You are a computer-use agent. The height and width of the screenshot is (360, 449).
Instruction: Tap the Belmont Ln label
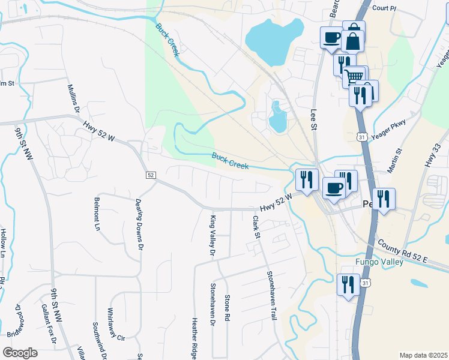[x=96, y=214]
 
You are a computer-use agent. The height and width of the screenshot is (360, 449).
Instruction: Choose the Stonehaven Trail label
[x=271, y=295]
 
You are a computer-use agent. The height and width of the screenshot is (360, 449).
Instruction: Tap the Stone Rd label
[x=227, y=307]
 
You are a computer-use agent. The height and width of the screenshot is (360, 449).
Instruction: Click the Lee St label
[x=313, y=119]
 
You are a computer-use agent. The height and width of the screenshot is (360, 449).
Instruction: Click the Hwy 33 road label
[x=432, y=155]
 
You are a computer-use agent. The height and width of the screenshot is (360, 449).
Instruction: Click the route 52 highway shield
[x=151, y=175]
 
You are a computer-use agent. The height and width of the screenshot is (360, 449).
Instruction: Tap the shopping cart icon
[x=354, y=76]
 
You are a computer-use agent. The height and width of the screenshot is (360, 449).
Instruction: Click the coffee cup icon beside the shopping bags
[x=331, y=38]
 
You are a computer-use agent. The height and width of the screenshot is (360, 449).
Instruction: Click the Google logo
[x=20, y=353]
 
